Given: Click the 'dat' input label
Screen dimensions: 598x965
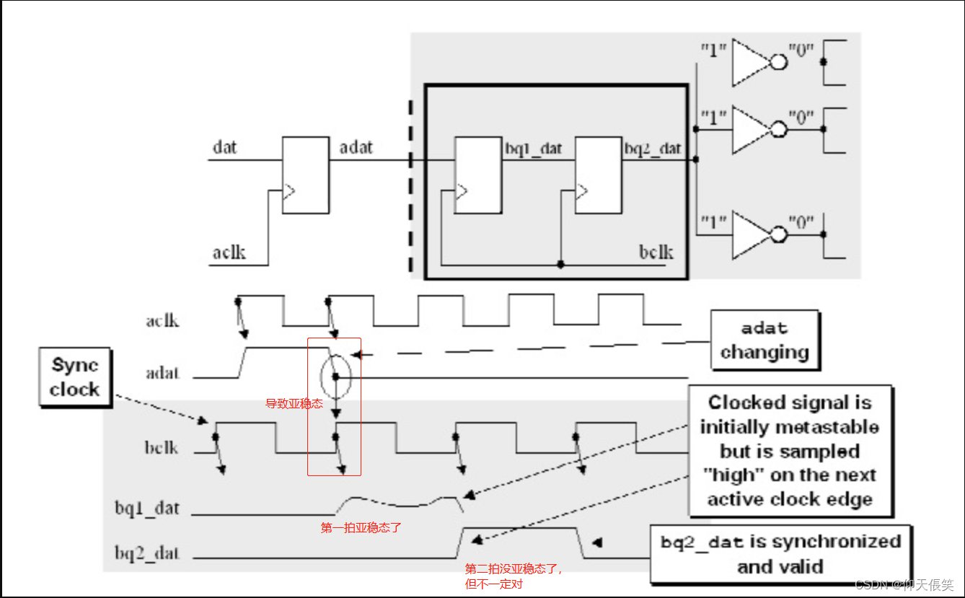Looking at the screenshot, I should point(225,148).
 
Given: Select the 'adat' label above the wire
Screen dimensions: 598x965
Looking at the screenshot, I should point(356,148).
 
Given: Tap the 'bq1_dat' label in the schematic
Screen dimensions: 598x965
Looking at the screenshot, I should point(532,149).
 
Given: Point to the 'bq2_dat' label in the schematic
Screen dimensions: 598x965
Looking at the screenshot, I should point(652,149).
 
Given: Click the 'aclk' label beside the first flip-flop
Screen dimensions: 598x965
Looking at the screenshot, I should point(229,252).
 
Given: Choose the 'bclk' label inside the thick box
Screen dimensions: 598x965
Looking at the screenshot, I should point(656,252).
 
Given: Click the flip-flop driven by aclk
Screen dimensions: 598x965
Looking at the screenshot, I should point(305,175).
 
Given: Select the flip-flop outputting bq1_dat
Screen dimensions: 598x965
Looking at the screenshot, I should point(477,175).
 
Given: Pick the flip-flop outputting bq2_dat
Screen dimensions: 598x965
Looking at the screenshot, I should point(598,175).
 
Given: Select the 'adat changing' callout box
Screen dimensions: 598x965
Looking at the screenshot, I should point(764,340).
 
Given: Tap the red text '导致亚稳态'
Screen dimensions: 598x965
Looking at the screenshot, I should point(294,404).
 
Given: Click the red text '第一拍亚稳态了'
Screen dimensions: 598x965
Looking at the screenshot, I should point(361,528).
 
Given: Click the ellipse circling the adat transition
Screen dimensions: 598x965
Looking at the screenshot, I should point(335,376).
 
